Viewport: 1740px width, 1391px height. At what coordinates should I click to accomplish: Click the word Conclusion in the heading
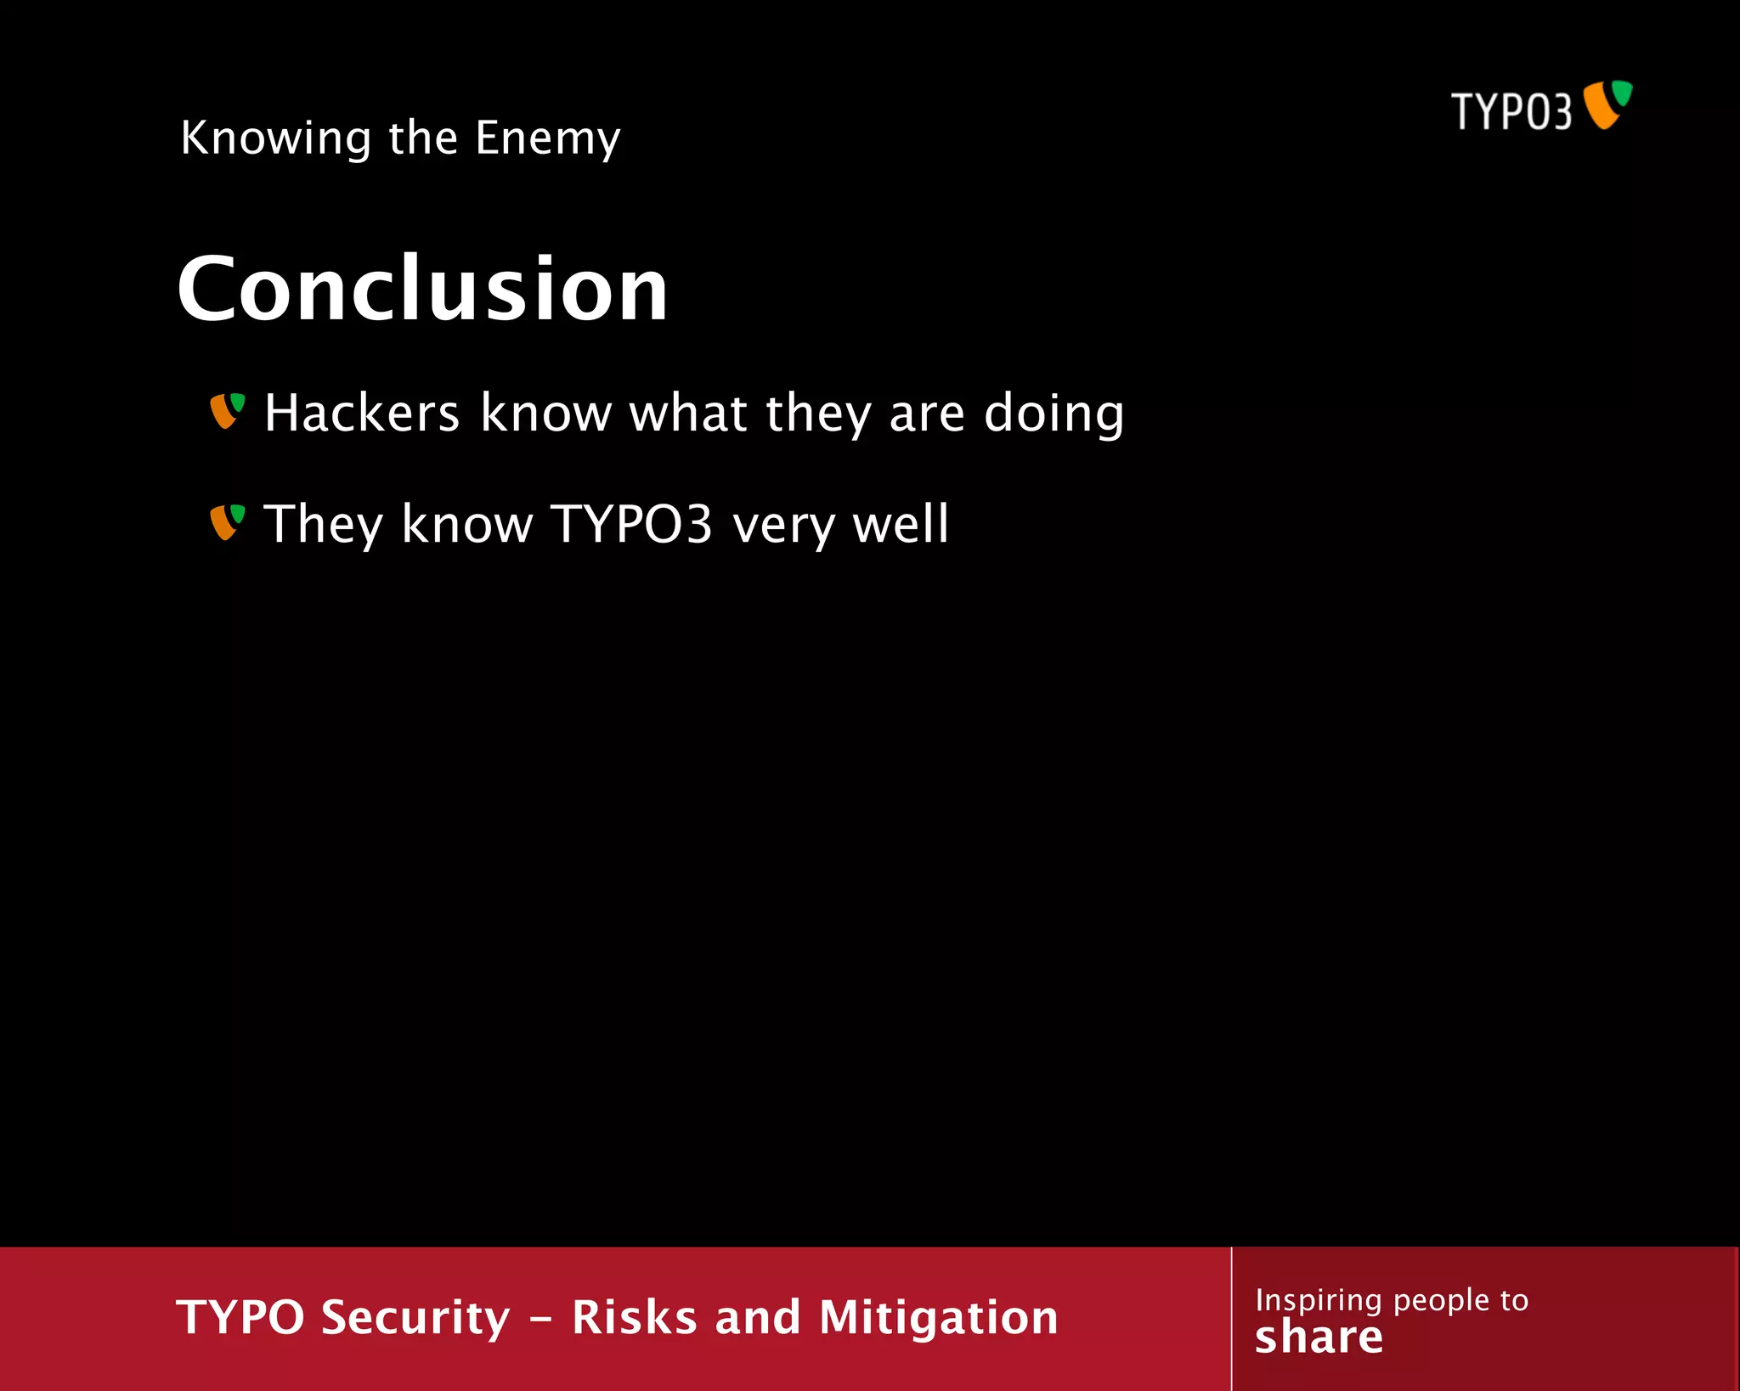tap(422, 290)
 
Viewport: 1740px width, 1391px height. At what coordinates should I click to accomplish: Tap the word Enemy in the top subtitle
tap(547, 138)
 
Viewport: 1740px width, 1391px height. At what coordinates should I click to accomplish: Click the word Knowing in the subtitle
tap(276, 138)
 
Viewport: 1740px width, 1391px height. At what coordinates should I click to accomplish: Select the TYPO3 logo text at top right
tap(1511, 111)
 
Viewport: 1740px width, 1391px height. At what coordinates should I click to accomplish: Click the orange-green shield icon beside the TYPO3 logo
tap(1608, 104)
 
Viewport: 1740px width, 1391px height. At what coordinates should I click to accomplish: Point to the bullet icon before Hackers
tap(227, 411)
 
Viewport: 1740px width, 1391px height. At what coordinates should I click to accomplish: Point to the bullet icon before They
tap(227, 522)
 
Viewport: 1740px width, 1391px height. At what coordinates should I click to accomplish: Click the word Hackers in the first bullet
tap(362, 413)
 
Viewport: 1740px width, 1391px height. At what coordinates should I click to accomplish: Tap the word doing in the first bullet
tap(1054, 414)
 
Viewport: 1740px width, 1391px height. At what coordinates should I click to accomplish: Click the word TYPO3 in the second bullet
tap(631, 524)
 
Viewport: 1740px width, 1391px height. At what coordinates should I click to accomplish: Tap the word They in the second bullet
tap(323, 524)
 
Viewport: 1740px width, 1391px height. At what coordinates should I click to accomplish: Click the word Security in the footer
tap(415, 1318)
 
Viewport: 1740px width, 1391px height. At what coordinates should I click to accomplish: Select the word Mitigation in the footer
tap(938, 1318)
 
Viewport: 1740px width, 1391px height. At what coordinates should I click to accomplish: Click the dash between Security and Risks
tap(540, 1321)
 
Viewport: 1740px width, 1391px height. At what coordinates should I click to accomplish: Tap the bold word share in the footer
tap(1319, 1338)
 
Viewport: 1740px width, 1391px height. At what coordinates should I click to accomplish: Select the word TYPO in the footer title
tap(240, 1318)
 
